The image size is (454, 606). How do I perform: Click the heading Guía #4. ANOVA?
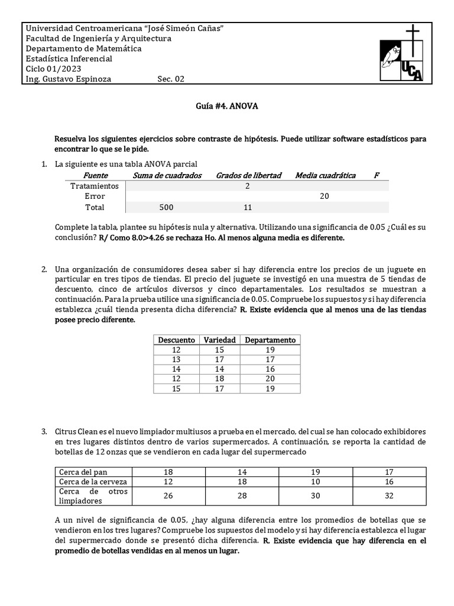[227, 107]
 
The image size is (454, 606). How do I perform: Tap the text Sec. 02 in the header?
[171, 79]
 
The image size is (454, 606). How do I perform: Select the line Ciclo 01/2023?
[53, 69]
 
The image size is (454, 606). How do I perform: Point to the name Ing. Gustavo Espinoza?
[69, 79]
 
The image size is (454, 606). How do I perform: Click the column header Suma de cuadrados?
[167, 175]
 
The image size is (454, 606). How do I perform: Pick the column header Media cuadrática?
[325, 175]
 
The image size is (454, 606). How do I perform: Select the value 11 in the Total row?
[248, 208]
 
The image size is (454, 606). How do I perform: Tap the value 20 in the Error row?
[324, 196]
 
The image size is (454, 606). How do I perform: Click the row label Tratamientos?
[95, 186]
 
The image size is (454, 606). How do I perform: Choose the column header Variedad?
[220, 340]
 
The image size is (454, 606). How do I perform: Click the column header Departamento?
[270, 340]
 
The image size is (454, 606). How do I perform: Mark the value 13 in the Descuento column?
[176, 359]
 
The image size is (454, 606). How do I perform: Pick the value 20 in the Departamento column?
[270, 379]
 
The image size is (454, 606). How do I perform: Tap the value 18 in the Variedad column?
[220, 379]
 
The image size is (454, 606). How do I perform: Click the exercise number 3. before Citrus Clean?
[45, 432]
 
